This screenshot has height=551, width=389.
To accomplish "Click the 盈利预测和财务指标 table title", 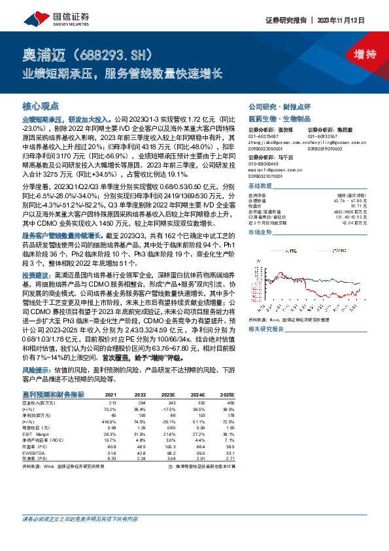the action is [53, 395].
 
